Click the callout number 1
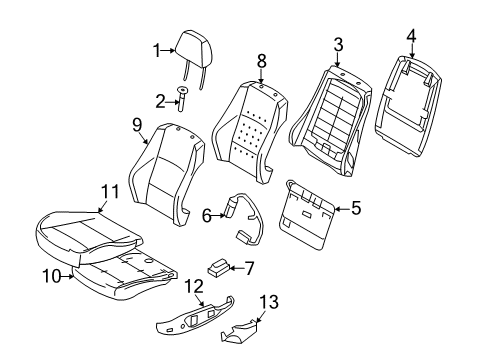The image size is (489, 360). click(x=157, y=51)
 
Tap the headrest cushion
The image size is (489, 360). click(x=194, y=50)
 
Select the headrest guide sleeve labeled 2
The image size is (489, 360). click(x=182, y=99)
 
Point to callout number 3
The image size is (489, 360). click(x=338, y=45)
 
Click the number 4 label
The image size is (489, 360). click(x=412, y=36)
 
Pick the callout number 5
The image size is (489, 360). click(x=356, y=208)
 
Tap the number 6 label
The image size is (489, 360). click(x=207, y=216)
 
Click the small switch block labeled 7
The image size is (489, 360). click(x=218, y=269)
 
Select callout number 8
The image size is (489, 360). click(x=262, y=61)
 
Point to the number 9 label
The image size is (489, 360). click(x=137, y=126)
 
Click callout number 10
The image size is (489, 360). click(x=52, y=276)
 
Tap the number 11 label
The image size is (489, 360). click(x=110, y=192)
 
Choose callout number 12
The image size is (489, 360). click(x=194, y=286)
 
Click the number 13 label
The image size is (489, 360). click(x=269, y=302)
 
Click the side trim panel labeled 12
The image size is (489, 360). click(x=195, y=316)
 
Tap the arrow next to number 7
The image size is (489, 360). click(x=236, y=268)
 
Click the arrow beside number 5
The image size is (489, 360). click(x=342, y=209)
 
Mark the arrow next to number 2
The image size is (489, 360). click(x=172, y=102)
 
